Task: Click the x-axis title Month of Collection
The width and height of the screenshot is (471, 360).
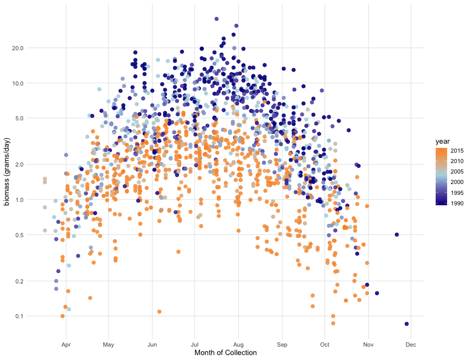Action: [225, 353]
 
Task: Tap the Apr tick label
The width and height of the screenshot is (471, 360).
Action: [65, 344]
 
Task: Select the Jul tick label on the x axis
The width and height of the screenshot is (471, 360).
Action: [195, 344]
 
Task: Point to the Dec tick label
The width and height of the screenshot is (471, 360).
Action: [411, 344]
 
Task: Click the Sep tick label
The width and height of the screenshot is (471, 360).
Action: [282, 344]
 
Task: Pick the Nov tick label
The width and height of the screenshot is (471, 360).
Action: [368, 344]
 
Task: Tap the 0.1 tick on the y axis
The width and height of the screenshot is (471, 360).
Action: [26, 316]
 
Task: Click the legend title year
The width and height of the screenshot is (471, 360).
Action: [443, 142]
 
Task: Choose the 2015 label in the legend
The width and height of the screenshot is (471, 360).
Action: [457, 150]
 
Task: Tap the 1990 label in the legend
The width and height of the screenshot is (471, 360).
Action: [457, 203]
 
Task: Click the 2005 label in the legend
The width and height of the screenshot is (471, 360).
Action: [457, 172]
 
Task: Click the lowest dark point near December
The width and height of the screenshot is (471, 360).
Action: [407, 324]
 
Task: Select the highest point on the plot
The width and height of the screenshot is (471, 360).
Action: [216, 19]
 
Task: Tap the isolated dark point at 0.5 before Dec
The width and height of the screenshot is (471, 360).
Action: [396, 234]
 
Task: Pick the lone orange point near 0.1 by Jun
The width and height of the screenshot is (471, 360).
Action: [159, 312]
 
